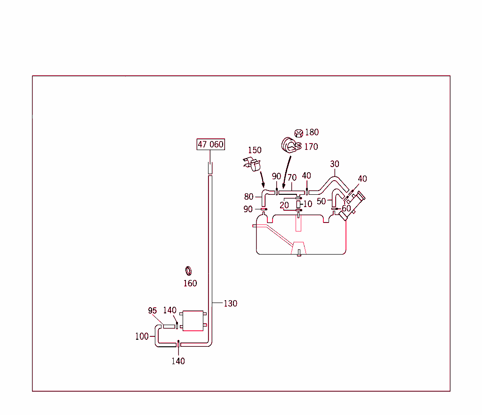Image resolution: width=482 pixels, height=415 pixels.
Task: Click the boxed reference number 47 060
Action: [210, 144]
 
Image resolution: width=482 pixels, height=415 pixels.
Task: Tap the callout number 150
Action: [255, 150]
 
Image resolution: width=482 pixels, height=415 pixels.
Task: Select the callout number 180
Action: [312, 132]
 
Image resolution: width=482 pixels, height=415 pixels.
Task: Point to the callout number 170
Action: [311, 147]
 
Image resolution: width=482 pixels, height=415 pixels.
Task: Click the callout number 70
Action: [292, 177]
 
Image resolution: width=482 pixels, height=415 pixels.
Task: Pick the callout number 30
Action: [335, 164]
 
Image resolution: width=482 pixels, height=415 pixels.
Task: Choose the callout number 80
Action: [249, 197]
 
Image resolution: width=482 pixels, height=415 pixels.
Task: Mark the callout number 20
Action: [284, 205]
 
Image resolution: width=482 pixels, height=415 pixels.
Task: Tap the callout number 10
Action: [308, 204]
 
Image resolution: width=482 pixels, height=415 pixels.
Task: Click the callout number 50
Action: [321, 201]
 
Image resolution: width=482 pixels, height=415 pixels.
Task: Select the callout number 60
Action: [346, 208]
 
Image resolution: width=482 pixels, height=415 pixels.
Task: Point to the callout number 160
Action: [190, 283]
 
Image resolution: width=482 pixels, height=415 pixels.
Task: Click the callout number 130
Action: [230, 303]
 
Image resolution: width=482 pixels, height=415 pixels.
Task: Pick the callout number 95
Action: [153, 311]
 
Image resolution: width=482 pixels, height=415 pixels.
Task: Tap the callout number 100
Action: [142, 336]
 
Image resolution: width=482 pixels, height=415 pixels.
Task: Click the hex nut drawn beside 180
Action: [298, 133]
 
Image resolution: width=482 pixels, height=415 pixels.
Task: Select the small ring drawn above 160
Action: [188, 271]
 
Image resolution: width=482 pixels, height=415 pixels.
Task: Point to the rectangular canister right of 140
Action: [192, 321]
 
